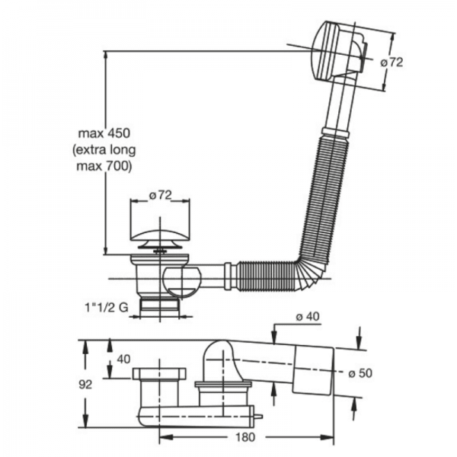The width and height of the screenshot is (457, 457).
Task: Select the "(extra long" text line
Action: coord(101,149)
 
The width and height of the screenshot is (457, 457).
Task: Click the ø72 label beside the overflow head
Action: coord(391,63)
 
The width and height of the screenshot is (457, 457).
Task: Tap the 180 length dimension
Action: coord(245,437)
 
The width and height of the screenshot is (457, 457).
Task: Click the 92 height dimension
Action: coord(91,385)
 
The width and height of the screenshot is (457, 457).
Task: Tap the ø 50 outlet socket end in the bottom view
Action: coord(313,372)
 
